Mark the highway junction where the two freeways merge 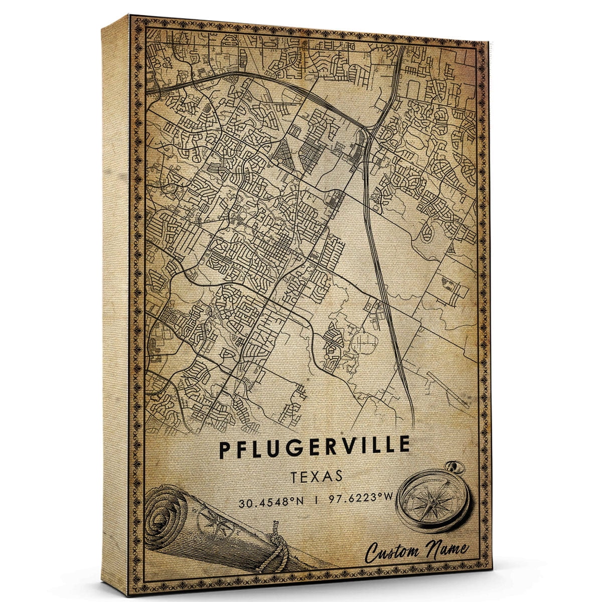(x=370, y=131)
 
